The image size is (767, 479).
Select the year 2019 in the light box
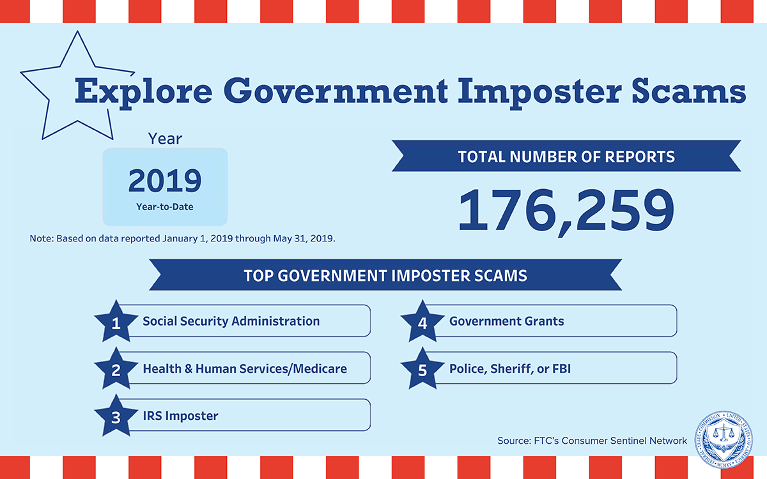[165, 181]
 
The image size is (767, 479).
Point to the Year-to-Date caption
[165, 207]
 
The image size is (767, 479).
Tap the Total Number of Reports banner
[566, 156]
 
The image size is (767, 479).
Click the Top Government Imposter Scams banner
[385, 275]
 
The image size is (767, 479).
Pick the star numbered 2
[116, 369]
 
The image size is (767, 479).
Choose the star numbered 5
[422, 369]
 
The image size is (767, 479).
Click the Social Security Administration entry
[231, 321]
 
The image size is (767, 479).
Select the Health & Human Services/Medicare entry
[245, 369]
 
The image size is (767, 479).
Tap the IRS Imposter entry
[180, 416]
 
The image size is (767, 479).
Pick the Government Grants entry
[507, 321]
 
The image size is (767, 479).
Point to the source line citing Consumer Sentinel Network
[592, 441]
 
